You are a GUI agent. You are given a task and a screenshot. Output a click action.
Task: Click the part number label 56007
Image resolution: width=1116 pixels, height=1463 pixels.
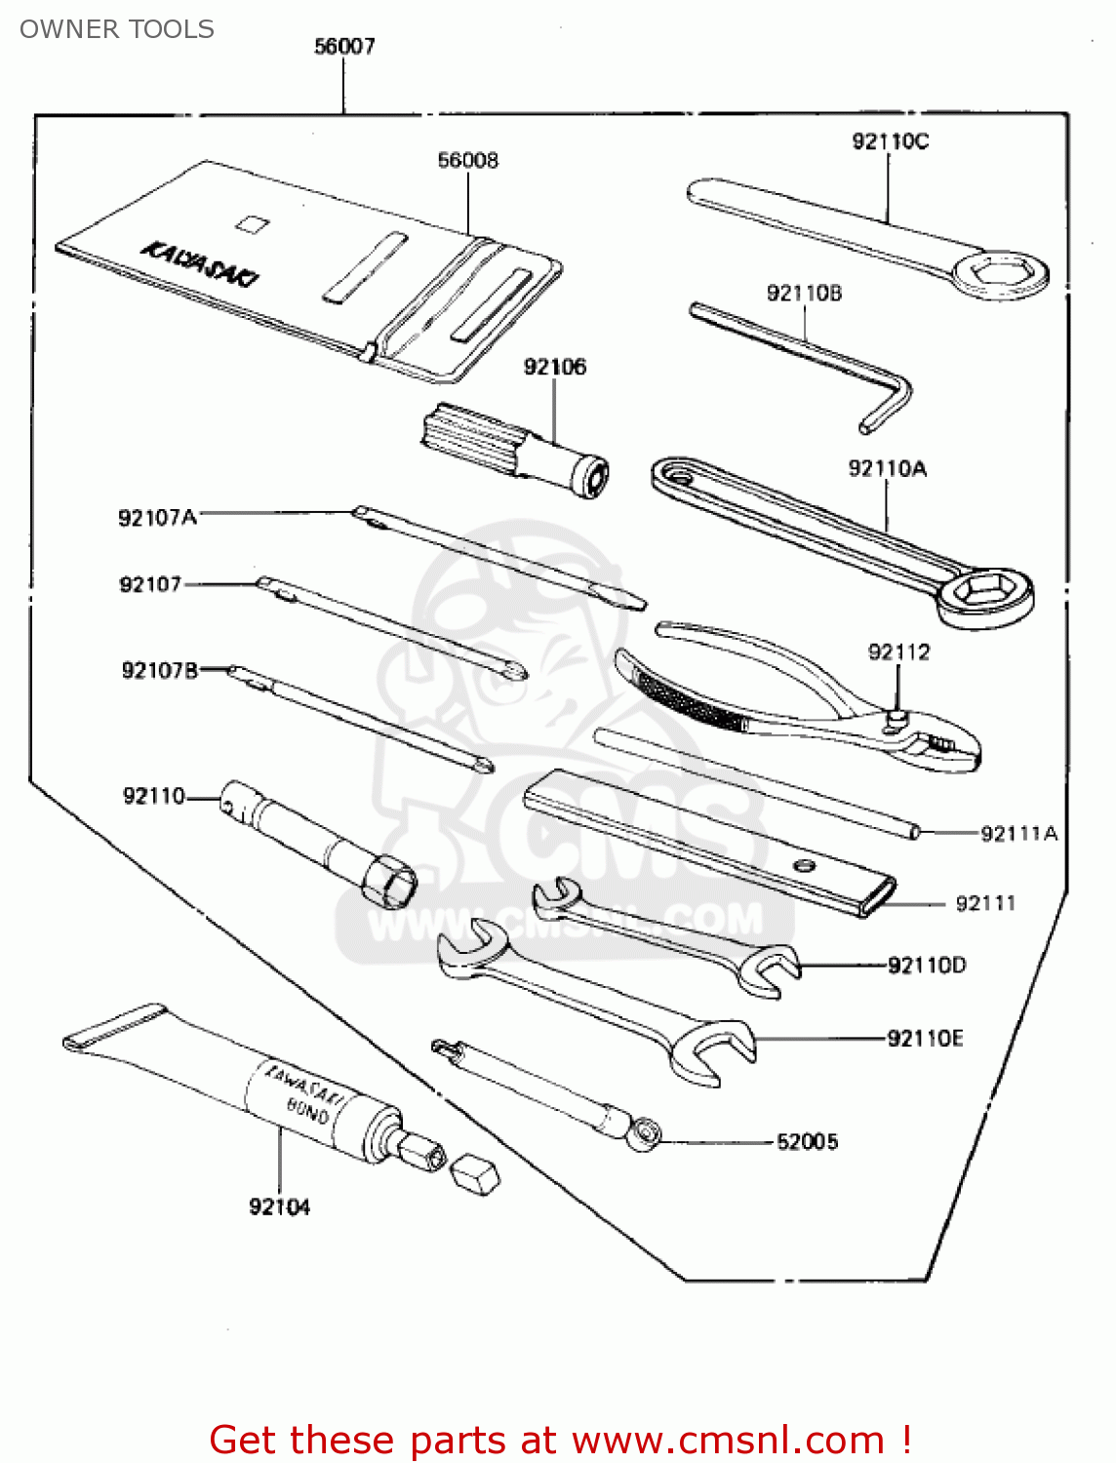coord(344,46)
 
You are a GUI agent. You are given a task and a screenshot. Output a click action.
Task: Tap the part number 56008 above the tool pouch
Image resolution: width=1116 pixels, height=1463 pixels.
coord(467,160)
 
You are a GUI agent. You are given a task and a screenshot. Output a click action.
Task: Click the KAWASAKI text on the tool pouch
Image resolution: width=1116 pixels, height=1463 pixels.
coord(201,263)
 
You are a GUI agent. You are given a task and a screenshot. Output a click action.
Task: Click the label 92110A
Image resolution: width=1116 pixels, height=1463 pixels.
coord(887,469)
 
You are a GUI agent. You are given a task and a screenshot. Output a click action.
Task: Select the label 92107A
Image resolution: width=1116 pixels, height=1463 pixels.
coord(157,517)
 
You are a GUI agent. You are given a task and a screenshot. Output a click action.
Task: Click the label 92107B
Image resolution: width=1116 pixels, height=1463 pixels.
coord(160,670)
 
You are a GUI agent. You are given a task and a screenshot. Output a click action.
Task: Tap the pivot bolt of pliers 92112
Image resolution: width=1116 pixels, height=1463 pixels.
coord(897,719)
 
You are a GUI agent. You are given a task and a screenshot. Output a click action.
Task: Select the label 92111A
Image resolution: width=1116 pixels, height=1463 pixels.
coord(1018,833)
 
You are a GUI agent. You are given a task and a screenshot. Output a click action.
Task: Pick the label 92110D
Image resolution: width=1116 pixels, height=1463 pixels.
coord(927,966)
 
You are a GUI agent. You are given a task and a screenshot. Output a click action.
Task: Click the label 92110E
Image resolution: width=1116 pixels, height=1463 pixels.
coord(925,1038)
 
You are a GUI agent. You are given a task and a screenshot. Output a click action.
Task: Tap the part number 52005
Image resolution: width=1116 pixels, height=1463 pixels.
coord(807,1141)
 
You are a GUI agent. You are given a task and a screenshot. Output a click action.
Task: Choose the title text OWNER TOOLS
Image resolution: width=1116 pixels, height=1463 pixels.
coord(117,29)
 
